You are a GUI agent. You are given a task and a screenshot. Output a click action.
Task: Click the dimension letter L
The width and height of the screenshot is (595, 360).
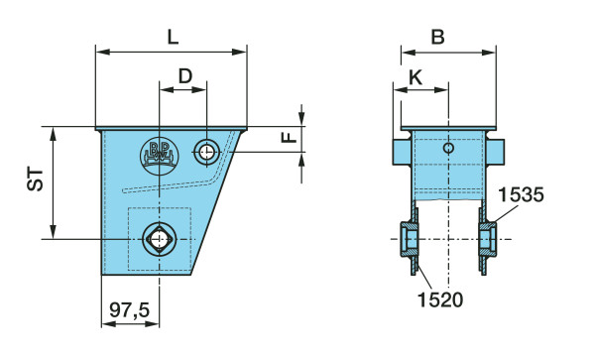point(173,37)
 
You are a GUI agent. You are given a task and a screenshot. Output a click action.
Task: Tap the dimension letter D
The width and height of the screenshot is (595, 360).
point(185,76)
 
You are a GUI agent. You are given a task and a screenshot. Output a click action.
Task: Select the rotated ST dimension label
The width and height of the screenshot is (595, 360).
point(36,180)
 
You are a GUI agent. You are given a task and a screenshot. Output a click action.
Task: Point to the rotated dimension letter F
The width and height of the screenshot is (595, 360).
point(290,137)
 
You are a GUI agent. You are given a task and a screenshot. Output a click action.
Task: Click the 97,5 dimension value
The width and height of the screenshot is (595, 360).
point(130,310)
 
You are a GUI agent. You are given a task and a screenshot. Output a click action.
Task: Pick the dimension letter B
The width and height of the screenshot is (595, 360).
point(438,37)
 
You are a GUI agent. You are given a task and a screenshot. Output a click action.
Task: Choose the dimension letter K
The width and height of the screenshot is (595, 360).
point(416,77)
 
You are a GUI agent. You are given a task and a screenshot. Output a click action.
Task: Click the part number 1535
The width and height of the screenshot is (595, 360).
point(521,195)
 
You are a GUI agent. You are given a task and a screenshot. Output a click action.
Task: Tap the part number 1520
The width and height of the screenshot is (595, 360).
point(440,300)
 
